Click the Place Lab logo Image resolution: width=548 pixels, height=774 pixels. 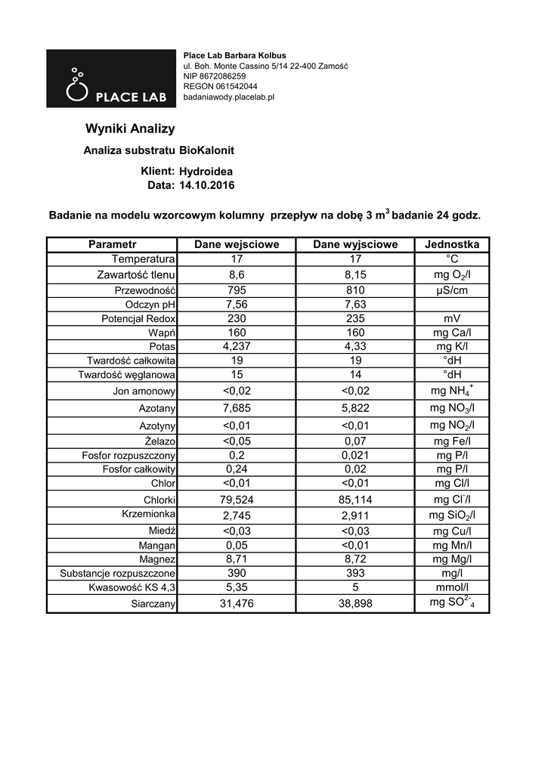coord(110,79)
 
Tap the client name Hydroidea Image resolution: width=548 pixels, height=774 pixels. coord(206,172)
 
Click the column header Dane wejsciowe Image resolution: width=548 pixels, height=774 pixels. coord(237,245)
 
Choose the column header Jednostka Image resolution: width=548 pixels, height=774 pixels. coord(452,245)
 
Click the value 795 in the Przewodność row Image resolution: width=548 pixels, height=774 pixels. coord(237,290)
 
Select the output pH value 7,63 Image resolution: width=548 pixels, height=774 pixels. coord(354,305)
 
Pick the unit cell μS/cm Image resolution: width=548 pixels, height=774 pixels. coord(452,290)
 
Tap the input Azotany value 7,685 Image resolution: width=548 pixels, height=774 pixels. coord(237,408)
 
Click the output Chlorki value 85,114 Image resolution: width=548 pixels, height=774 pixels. coord(354,500)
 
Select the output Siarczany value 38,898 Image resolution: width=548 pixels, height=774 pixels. coord(354,604)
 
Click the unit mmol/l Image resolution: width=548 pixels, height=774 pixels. coord(452,587)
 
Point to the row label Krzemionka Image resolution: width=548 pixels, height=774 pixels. coord(149,514)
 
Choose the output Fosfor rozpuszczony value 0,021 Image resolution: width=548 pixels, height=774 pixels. coord(354,455)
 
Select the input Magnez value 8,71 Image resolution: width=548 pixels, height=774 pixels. coord(237,559)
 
